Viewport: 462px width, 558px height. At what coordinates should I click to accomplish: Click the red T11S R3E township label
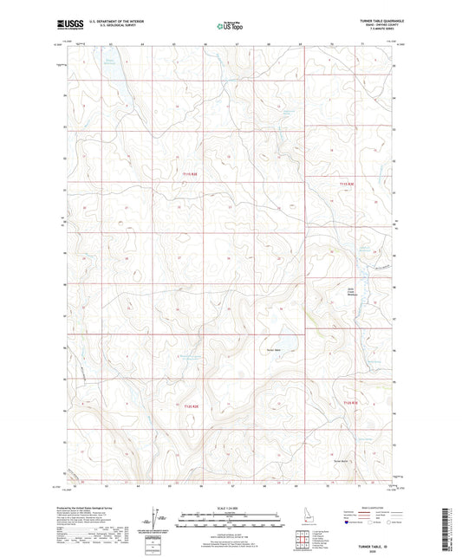(348, 184)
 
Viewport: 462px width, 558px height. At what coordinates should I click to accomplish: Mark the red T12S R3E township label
(349, 403)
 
